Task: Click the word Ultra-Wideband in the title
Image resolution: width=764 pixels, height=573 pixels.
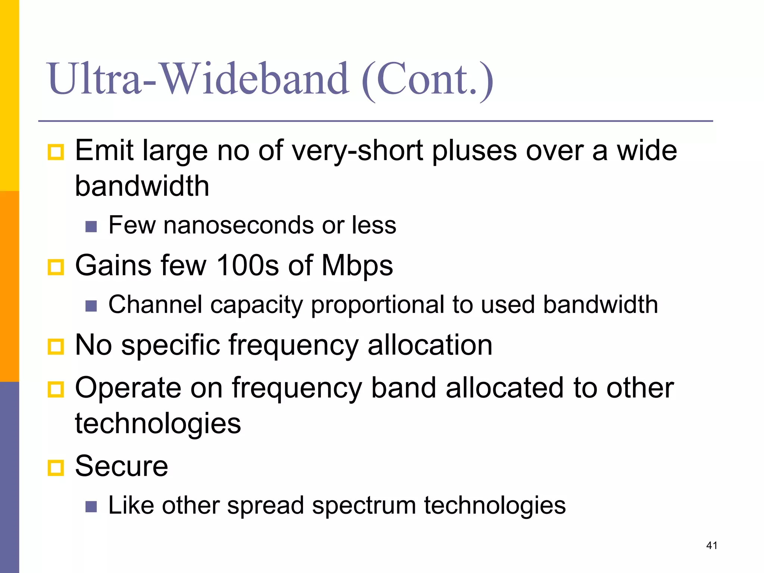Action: [198, 79]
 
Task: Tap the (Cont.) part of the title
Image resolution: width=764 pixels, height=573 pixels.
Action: [428, 80]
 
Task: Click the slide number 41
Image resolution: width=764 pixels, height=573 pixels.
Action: [712, 545]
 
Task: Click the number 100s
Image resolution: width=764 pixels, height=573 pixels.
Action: [248, 265]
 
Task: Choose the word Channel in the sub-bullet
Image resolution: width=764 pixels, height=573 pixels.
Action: [155, 304]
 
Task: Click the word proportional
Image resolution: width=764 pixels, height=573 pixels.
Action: [377, 305]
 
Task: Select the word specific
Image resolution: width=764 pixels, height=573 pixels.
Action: [170, 345]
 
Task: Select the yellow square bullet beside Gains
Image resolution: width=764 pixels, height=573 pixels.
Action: [56, 267]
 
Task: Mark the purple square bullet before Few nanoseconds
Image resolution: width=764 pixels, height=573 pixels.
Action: [91, 226]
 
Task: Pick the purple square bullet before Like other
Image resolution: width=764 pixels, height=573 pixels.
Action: [91, 507]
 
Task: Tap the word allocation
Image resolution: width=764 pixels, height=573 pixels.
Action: [430, 345]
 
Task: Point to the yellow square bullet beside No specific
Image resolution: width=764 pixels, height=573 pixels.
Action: [56, 347]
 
